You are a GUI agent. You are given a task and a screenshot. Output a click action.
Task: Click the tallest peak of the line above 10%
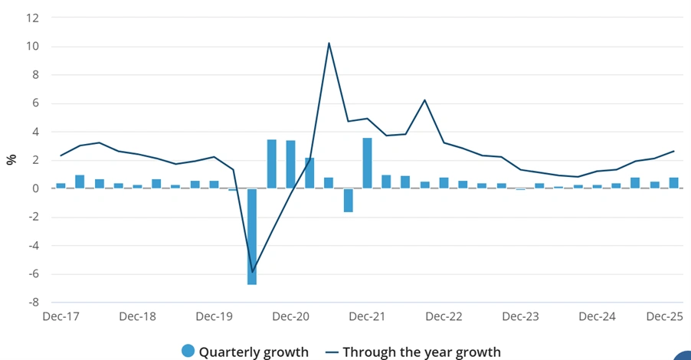(x=329, y=43)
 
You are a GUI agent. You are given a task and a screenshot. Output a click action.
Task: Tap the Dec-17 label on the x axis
(x=61, y=316)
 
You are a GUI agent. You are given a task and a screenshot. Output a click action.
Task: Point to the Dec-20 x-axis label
(x=291, y=316)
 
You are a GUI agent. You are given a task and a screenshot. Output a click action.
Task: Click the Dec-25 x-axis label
(x=665, y=316)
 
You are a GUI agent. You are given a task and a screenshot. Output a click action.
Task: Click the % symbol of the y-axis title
(x=11, y=159)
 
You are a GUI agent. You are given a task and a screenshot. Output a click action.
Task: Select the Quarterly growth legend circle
(x=188, y=352)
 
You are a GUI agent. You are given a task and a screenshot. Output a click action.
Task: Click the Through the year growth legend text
(x=421, y=352)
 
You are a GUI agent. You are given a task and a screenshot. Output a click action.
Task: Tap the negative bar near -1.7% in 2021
(x=348, y=200)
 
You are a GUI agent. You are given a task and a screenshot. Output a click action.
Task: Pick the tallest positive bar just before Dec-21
(x=367, y=163)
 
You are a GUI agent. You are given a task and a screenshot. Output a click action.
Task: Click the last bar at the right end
(x=673, y=183)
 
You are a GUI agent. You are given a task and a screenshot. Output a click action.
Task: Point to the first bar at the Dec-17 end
(x=61, y=185)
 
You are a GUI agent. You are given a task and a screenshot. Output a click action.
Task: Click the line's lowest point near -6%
(x=252, y=272)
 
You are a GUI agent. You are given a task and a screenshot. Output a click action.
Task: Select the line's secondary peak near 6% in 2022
(x=424, y=100)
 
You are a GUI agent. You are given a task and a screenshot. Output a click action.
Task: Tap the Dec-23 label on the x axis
(x=521, y=316)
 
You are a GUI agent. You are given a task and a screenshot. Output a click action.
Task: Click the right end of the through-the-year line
(x=673, y=151)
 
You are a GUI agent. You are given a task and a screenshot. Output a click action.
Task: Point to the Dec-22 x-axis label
(x=444, y=316)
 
